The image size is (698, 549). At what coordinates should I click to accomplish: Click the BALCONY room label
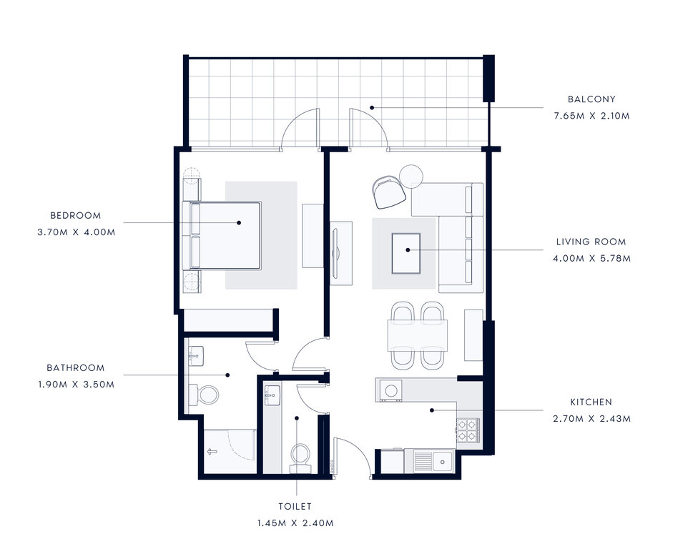point(591,99)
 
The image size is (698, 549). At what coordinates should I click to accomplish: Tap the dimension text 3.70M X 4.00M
point(77,232)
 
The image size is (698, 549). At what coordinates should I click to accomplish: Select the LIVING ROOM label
point(591,242)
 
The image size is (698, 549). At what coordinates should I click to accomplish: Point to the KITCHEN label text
point(591,402)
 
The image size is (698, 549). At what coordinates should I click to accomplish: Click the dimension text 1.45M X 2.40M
point(295,523)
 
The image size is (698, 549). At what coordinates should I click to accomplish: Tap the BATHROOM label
point(76,367)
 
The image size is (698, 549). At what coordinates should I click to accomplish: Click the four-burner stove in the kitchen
point(468,430)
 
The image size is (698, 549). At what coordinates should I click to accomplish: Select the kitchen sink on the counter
point(434,461)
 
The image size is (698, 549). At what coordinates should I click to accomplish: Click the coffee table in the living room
point(406,253)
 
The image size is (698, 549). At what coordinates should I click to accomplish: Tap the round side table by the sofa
point(411,177)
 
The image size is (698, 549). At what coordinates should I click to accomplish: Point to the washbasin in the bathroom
point(196,356)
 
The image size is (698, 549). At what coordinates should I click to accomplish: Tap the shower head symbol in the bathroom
point(212,452)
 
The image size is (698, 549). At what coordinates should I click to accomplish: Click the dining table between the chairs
point(418,335)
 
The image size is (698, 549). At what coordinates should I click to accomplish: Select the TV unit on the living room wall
point(341,253)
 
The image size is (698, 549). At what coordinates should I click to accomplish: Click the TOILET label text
point(295,506)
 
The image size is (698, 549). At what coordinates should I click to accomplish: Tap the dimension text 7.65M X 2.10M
point(591,116)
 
